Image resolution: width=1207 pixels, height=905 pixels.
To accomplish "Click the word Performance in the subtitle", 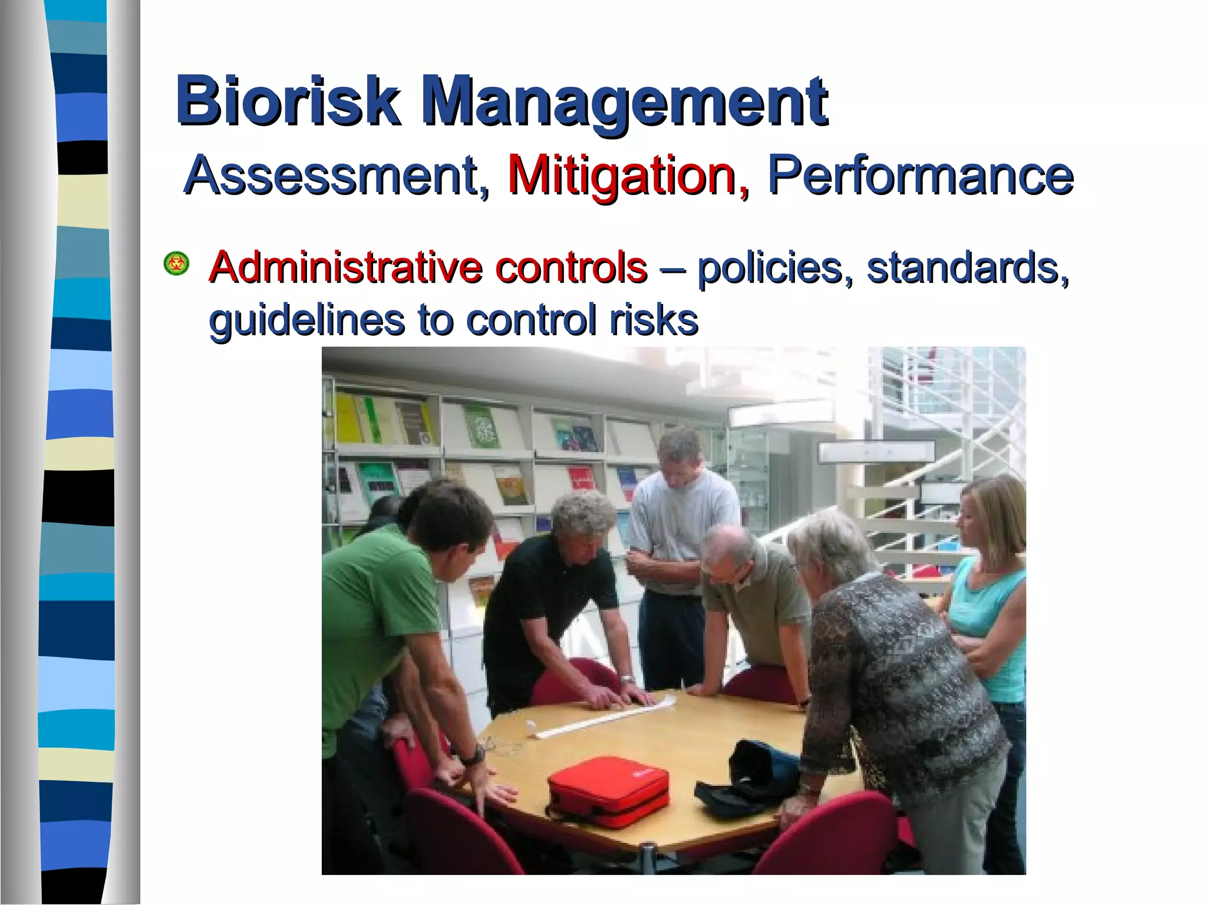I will (x=919, y=175).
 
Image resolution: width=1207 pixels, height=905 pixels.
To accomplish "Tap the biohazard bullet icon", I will (x=176, y=263).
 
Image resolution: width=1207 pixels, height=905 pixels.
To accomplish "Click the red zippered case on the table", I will (x=608, y=791).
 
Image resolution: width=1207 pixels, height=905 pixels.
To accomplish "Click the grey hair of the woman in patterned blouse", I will (x=831, y=542).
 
